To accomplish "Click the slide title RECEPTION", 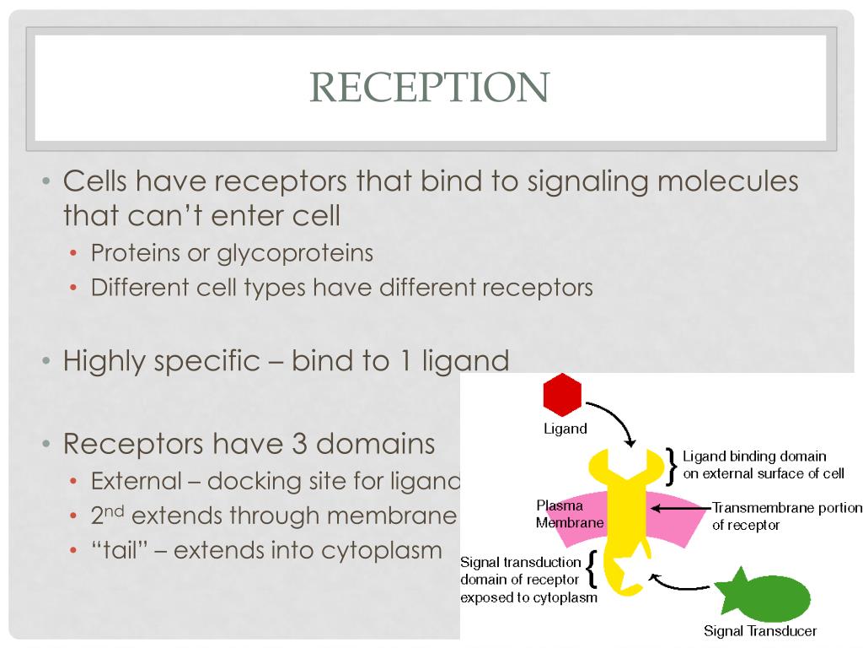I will tap(430, 88).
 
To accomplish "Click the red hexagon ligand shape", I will tap(562, 395).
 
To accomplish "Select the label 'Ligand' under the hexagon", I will tap(565, 429).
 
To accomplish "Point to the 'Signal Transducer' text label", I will tap(760, 631).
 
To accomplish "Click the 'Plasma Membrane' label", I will tap(570, 514).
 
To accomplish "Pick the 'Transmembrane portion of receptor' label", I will tap(787, 516).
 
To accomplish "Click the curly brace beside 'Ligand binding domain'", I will tap(672, 465).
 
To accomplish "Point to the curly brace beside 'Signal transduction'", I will tap(592, 570).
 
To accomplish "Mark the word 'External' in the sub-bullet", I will tap(137, 482).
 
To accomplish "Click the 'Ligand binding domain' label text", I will tap(754, 456).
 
